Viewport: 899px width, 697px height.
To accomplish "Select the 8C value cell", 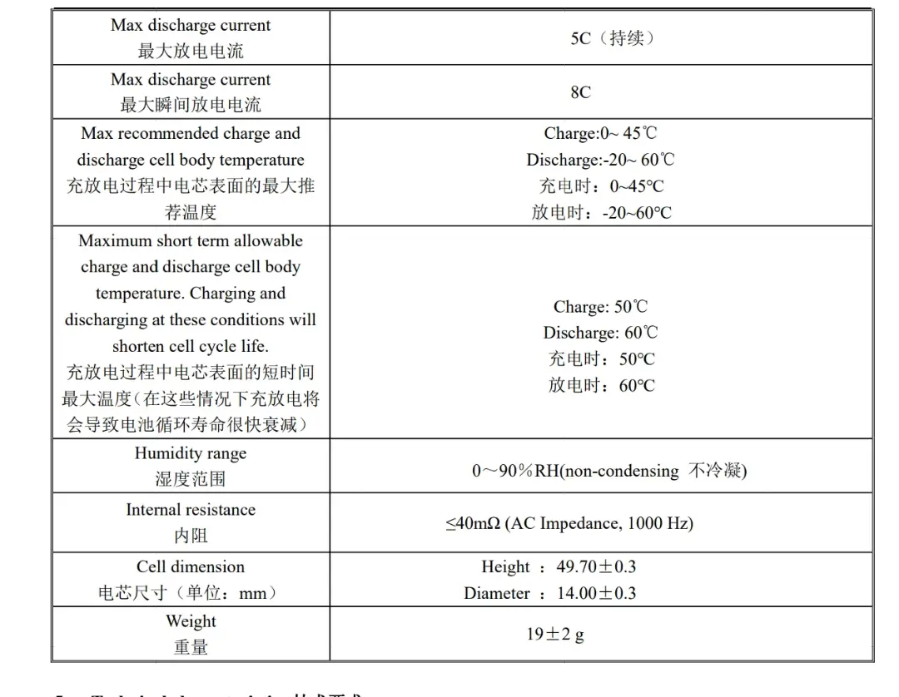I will click(x=580, y=92).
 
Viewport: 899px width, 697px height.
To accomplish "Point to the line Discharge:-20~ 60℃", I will click(x=600, y=160).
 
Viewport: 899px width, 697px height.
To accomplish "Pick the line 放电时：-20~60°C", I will click(x=601, y=213).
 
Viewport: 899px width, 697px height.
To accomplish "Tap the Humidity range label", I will click(x=191, y=453).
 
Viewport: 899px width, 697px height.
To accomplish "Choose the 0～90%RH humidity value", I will click(x=609, y=471).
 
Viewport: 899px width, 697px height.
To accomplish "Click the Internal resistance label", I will click(x=191, y=510).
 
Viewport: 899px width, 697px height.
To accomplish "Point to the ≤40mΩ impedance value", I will click(x=569, y=523).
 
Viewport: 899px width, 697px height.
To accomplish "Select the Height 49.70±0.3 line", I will click(x=559, y=567).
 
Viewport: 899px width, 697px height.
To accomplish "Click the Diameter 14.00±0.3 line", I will click(x=549, y=593).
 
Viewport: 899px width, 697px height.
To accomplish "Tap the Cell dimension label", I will click(x=191, y=567).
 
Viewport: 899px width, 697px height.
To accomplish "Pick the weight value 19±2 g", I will click(x=554, y=634).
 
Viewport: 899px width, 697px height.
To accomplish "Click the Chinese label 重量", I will click(x=191, y=647).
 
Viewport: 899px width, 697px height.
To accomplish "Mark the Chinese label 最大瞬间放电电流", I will click(x=191, y=105).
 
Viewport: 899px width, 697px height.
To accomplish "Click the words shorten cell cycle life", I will click(x=191, y=346).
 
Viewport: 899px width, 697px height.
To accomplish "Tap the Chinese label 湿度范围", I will click(x=191, y=479).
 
